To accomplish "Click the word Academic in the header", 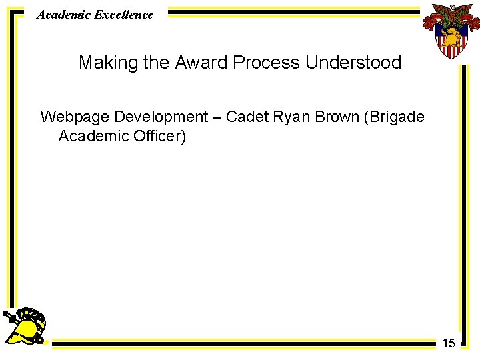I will pyautogui.click(x=59, y=14).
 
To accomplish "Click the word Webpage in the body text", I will pyautogui.click(x=75, y=117).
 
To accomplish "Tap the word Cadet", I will pyautogui.click(x=246, y=117).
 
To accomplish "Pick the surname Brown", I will pyautogui.click(x=337, y=117).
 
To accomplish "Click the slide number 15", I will pyautogui.click(x=449, y=343).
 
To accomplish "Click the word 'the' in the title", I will pyautogui.click(x=157, y=63).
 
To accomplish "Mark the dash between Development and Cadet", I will pyautogui.click(x=217, y=117).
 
